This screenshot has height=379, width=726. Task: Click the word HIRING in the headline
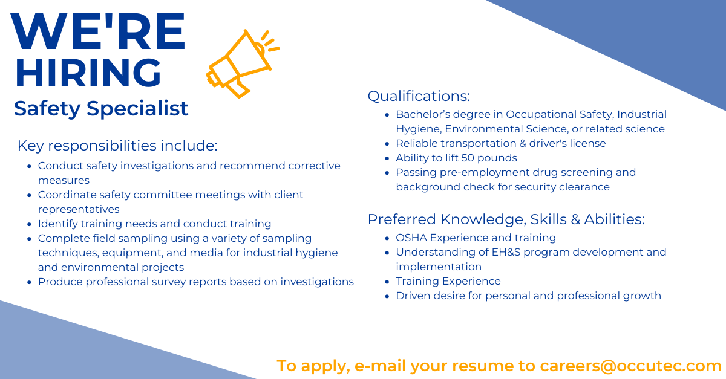point(88,73)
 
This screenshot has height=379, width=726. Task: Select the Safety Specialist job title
point(101,109)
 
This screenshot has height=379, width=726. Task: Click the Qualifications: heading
point(419,96)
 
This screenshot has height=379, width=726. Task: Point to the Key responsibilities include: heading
point(117,146)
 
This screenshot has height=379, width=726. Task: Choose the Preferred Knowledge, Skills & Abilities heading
point(506,219)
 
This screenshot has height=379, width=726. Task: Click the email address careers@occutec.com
point(631,366)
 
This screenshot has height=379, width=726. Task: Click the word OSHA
point(411,238)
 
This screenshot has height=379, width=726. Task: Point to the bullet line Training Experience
point(448,281)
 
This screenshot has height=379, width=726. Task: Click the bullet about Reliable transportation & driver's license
point(500,143)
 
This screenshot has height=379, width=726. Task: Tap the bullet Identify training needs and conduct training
point(154,224)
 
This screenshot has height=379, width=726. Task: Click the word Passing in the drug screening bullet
point(416,172)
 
